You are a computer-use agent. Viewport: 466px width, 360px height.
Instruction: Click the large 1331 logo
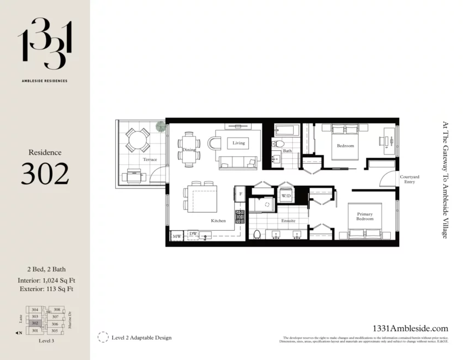(x=44, y=43)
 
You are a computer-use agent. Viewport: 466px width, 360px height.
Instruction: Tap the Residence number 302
(x=45, y=174)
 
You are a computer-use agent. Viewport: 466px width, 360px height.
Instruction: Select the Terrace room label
(x=150, y=159)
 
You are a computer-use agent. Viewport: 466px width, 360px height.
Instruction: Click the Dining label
(x=189, y=150)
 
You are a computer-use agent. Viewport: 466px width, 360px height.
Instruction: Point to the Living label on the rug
(x=238, y=143)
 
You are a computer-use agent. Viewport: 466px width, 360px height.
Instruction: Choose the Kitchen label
(x=218, y=221)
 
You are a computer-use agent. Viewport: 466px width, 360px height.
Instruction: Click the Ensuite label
(x=288, y=221)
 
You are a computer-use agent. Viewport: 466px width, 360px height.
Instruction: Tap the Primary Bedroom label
(x=365, y=216)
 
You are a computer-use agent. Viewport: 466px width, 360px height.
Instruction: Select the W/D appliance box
(x=286, y=196)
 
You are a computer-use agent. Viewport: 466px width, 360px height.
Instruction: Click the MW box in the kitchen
(x=177, y=237)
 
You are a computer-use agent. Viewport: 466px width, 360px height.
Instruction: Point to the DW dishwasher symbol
(x=193, y=234)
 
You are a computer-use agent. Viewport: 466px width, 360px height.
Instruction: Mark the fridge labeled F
(x=240, y=193)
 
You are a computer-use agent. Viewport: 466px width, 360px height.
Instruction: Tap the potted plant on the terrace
(x=161, y=127)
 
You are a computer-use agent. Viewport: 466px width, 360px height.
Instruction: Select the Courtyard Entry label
(x=410, y=179)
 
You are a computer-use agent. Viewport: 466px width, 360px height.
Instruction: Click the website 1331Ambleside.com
(x=410, y=328)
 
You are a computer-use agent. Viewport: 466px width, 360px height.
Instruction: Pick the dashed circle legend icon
(x=103, y=337)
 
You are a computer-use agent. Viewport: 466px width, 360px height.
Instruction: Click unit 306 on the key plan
(x=54, y=324)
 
